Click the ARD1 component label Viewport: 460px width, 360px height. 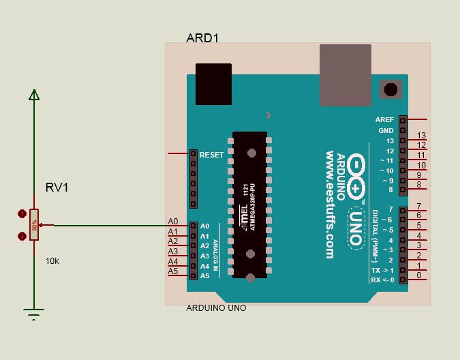(202, 37)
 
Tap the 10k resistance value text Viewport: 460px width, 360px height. (52, 260)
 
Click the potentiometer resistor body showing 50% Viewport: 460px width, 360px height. (33, 225)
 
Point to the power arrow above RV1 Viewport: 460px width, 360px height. (33, 95)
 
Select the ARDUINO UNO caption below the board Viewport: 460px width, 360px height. (216, 308)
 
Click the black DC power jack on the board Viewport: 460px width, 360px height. (214, 85)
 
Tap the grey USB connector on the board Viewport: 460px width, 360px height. (346, 75)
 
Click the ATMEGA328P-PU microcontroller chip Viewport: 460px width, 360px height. (250, 205)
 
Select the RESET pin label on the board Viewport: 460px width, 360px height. (211, 155)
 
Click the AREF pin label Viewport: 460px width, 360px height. (384, 119)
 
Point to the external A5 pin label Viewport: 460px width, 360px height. (173, 271)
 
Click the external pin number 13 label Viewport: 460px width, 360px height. (421, 136)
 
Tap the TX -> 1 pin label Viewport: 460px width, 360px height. (382, 270)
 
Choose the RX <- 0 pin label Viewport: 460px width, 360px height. (382, 280)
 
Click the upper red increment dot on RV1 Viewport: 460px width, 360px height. (21, 213)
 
